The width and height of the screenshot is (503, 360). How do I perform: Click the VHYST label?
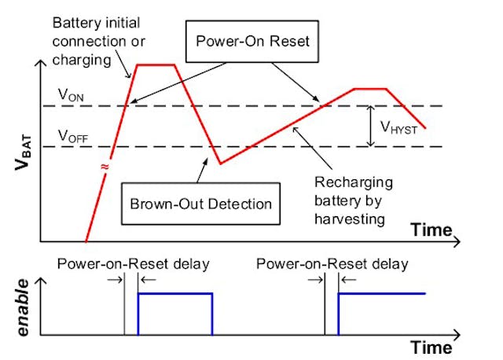(x=398, y=126)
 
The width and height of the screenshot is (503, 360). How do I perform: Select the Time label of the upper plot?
(x=431, y=230)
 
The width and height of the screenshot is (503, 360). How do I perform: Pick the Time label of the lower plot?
(x=431, y=347)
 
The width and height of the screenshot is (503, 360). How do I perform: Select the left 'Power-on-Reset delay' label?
(x=133, y=263)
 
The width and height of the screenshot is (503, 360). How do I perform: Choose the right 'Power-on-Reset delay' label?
(x=332, y=263)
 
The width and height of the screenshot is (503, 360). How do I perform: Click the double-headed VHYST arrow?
(x=370, y=126)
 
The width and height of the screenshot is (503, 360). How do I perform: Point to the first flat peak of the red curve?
(x=156, y=65)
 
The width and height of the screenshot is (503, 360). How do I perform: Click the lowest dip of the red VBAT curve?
(x=221, y=163)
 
